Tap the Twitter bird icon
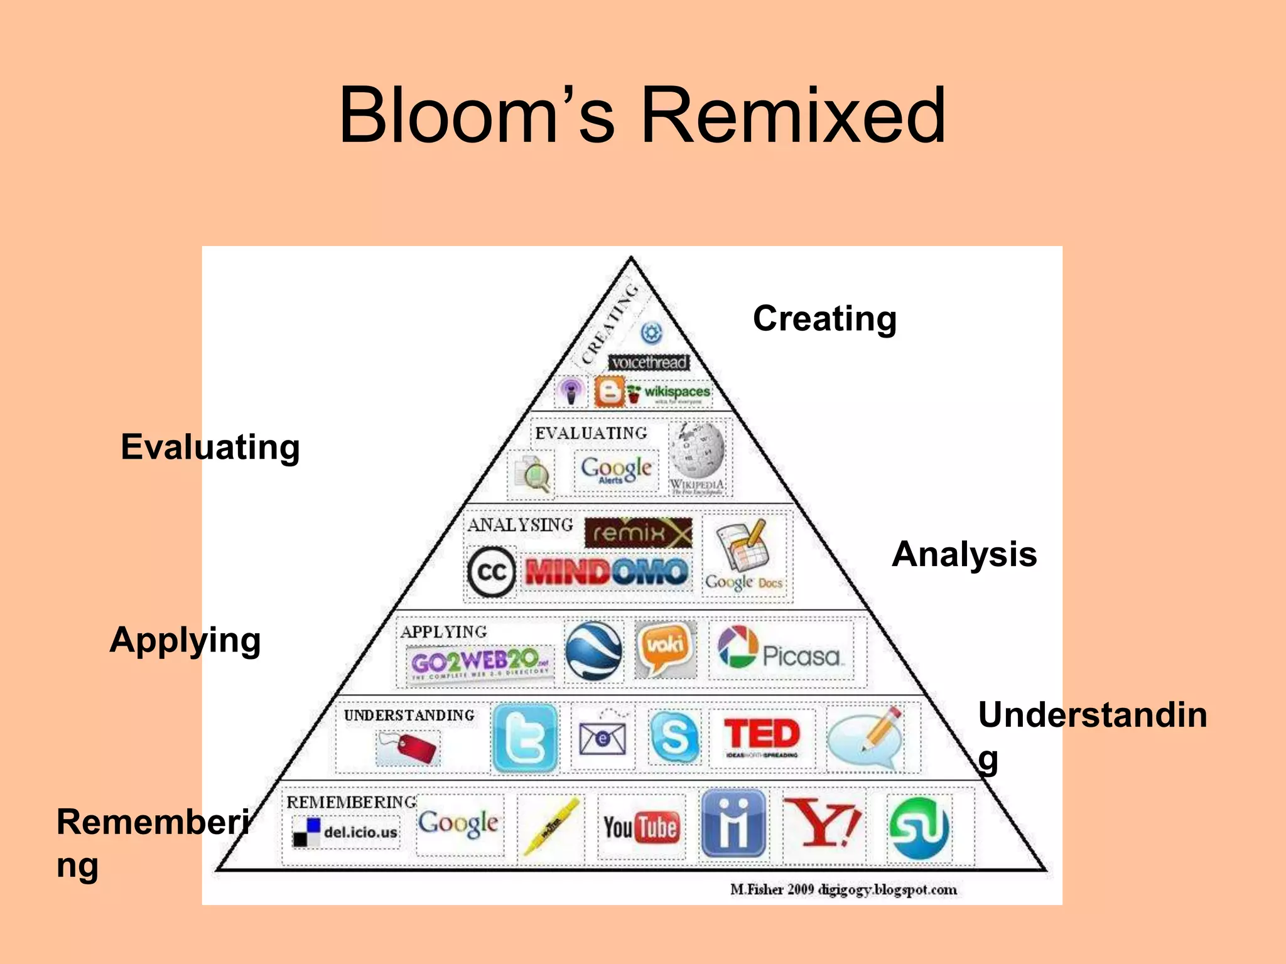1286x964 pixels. point(525,738)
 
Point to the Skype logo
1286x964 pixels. point(674,736)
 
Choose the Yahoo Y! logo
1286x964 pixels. point(823,823)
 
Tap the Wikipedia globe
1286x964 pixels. point(697,452)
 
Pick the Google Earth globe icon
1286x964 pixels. point(593,650)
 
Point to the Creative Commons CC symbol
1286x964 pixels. point(492,571)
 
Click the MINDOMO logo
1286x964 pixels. point(607,571)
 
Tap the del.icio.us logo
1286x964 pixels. point(345,832)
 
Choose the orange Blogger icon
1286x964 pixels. point(609,392)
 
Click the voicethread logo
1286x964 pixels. point(649,363)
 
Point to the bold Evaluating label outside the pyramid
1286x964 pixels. point(210,447)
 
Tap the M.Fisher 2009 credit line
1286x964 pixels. point(843,889)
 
